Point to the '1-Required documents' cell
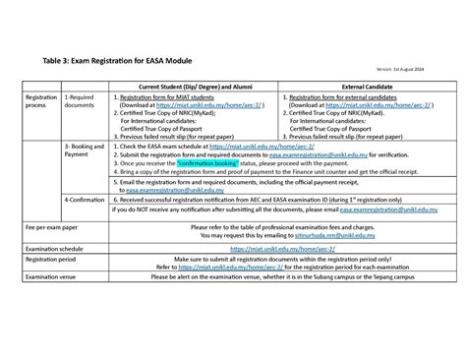(x=80, y=103)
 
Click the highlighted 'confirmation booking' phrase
(x=210, y=162)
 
